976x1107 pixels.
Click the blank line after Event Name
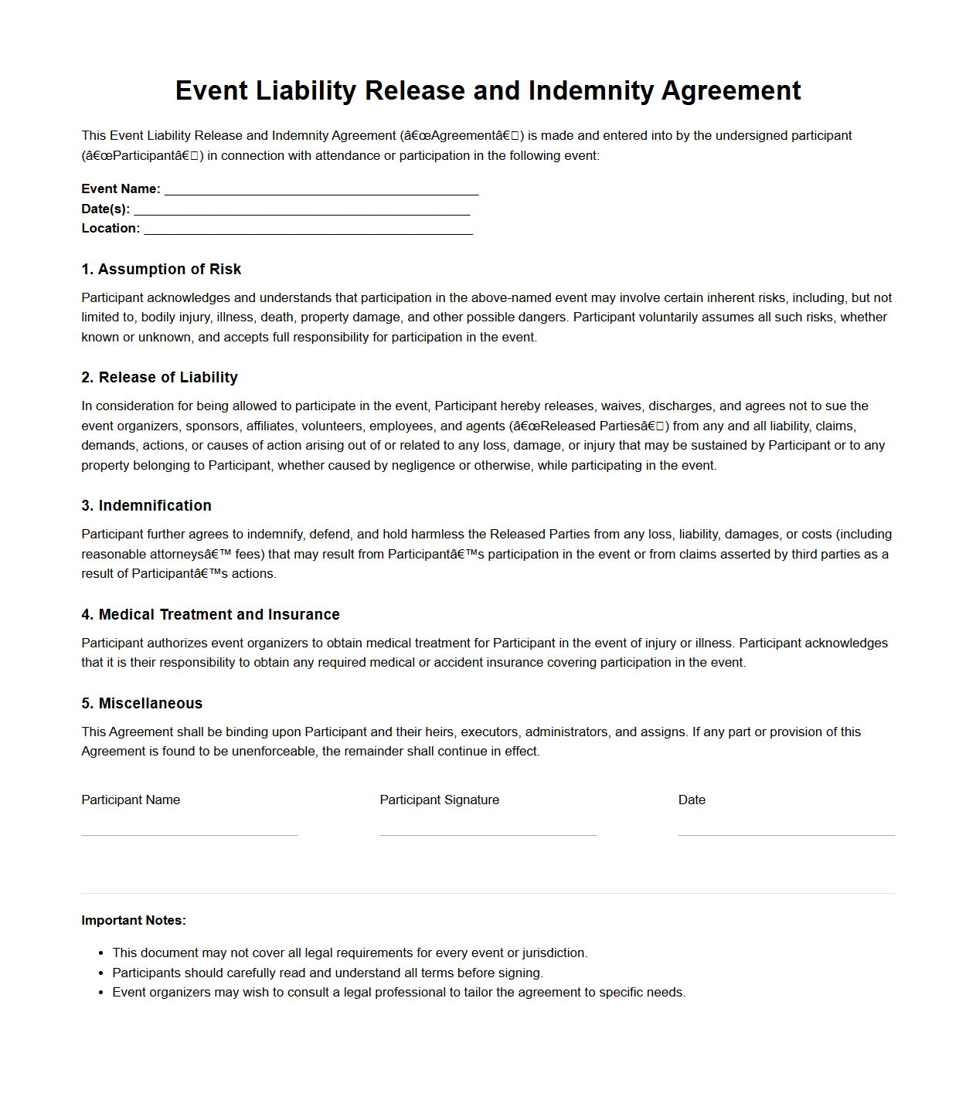click(321, 191)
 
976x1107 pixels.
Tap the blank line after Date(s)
click(301, 211)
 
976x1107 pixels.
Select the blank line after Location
click(308, 230)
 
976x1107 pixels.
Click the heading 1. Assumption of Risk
click(161, 269)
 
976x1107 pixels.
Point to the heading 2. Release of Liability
click(159, 377)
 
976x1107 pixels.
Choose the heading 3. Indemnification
click(146, 505)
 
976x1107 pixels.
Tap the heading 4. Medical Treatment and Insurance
click(210, 614)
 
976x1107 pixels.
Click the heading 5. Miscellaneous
click(141, 703)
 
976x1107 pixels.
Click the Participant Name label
click(131, 800)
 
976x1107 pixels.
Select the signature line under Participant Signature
click(488, 834)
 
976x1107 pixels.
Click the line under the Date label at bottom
click(786, 834)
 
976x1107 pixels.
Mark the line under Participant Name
click(189, 834)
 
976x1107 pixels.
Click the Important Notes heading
click(134, 920)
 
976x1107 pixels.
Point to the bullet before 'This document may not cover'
click(101, 953)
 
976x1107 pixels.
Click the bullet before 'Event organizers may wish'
click(101, 993)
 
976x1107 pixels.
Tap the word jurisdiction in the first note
click(553, 952)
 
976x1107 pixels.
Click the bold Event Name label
click(121, 188)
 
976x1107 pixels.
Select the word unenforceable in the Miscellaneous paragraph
click(274, 751)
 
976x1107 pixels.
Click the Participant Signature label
click(439, 800)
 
